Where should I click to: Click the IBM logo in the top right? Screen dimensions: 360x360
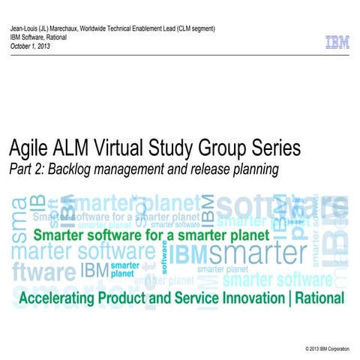pos(337,43)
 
